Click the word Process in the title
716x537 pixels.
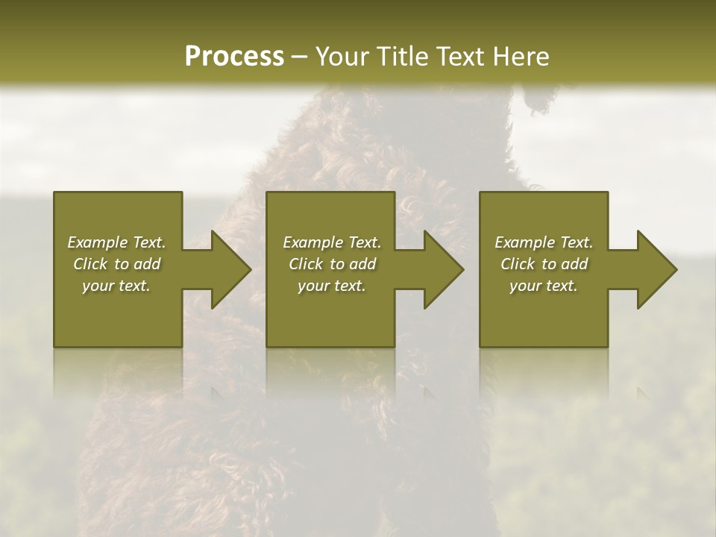click(x=234, y=57)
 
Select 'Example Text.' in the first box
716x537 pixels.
click(x=116, y=242)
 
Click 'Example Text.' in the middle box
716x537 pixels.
click(x=332, y=242)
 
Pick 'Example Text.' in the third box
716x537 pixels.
click(x=544, y=242)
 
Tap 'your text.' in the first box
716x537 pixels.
click(x=116, y=286)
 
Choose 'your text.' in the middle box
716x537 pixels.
click(x=332, y=286)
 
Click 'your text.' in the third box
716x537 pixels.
click(x=544, y=286)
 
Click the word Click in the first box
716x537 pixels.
click(x=90, y=264)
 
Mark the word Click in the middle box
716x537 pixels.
click(x=306, y=264)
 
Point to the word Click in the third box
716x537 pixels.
click(x=518, y=264)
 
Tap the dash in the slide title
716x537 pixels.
click(x=300, y=57)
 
